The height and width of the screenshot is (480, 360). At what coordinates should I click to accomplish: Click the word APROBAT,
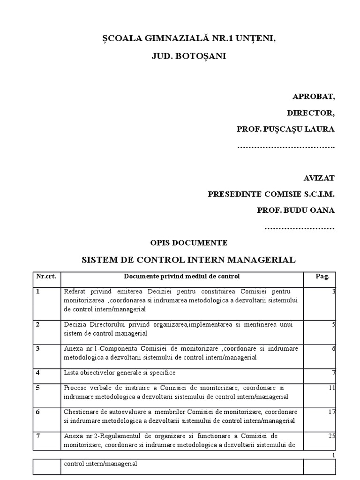tap(314, 97)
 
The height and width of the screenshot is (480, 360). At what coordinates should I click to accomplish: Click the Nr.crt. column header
tap(46, 276)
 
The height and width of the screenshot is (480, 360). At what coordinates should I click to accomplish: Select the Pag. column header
tap(319, 276)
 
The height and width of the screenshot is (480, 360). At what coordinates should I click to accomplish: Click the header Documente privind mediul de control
tap(181, 276)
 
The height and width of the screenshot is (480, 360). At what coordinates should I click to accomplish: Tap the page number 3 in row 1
tap(333, 292)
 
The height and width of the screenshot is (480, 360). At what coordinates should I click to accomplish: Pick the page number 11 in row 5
tap(331, 388)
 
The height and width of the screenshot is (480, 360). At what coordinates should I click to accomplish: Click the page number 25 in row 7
tap(331, 436)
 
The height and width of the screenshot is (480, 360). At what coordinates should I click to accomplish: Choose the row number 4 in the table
tap(37, 373)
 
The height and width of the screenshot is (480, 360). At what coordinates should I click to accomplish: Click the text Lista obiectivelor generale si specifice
tap(119, 373)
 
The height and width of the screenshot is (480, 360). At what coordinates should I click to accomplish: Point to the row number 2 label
tap(37, 324)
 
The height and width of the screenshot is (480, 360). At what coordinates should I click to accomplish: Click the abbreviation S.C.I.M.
tap(318, 194)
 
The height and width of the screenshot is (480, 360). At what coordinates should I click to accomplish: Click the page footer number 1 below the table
tap(333, 455)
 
